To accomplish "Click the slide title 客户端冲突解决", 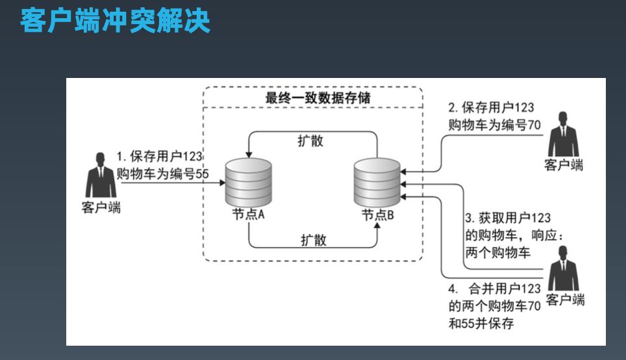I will click(x=115, y=21).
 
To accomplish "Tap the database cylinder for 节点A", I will click(x=249, y=181).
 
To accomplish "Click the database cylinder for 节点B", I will click(x=377, y=181).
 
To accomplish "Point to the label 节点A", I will click(x=247, y=214).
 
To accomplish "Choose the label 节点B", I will click(x=377, y=215).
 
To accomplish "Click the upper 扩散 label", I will click(x=310, y=141).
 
